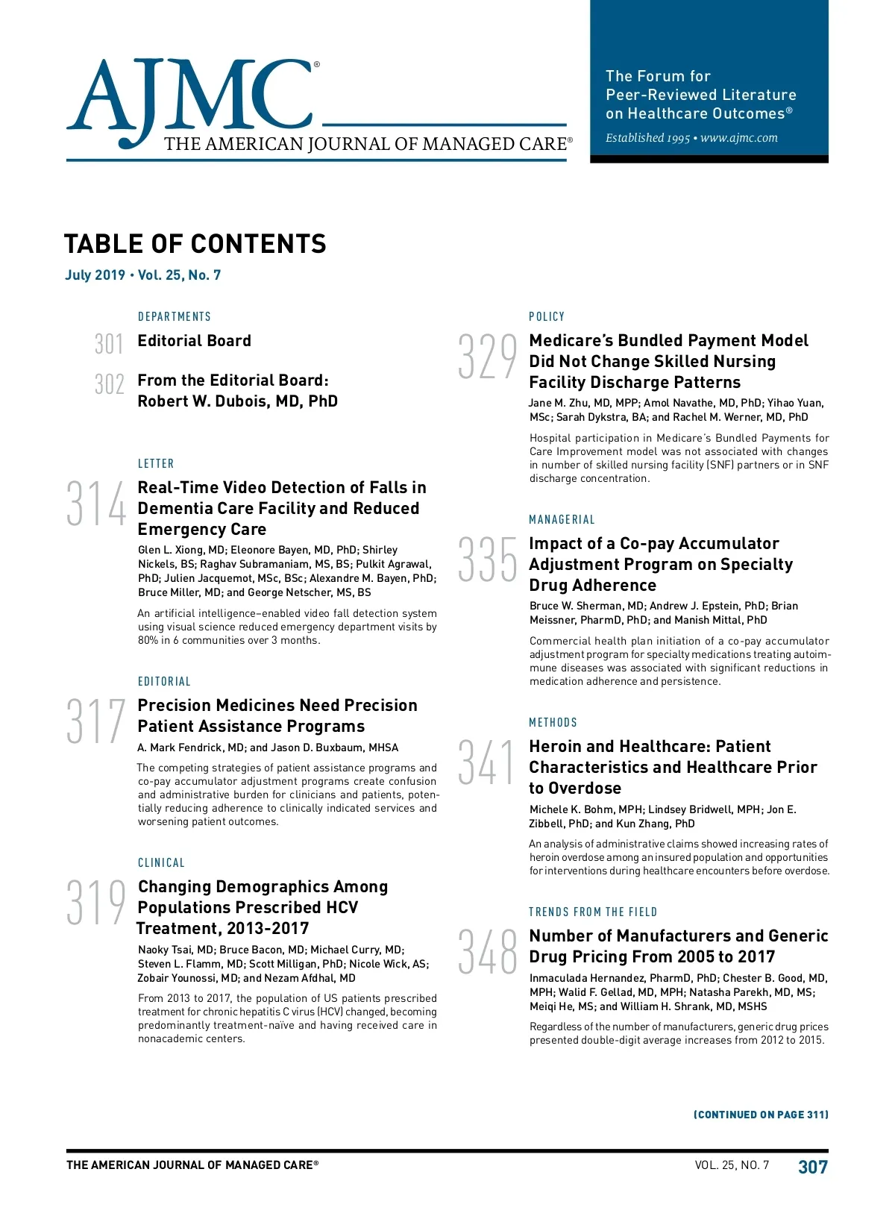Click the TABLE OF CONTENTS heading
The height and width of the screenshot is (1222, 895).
[195, 244]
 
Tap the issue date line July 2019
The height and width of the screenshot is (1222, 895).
[143, 275]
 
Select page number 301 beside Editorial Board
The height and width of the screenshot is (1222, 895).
[109, 344]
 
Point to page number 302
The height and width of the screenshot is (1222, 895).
[109, 384]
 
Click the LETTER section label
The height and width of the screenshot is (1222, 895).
[156, 464]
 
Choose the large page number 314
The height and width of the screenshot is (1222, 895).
[96, 505]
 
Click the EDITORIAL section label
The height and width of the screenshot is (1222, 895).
[164, 682]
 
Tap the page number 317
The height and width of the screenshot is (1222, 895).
[96, 721]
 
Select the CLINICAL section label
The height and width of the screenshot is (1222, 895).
[161, 863]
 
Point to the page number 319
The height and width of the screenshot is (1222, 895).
[96, 903]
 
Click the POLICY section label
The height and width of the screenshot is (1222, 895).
[547, 317]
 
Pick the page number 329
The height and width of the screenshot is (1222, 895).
[487, 357]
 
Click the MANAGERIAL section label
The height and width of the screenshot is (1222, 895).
[562, 520]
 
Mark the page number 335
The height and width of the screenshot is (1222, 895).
[487, 560]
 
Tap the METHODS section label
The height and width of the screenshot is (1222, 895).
[553, 723]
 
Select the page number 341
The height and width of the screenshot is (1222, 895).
[487, 762]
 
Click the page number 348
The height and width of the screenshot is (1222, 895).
[487, 952]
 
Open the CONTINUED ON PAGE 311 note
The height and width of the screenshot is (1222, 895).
[761, 1115]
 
